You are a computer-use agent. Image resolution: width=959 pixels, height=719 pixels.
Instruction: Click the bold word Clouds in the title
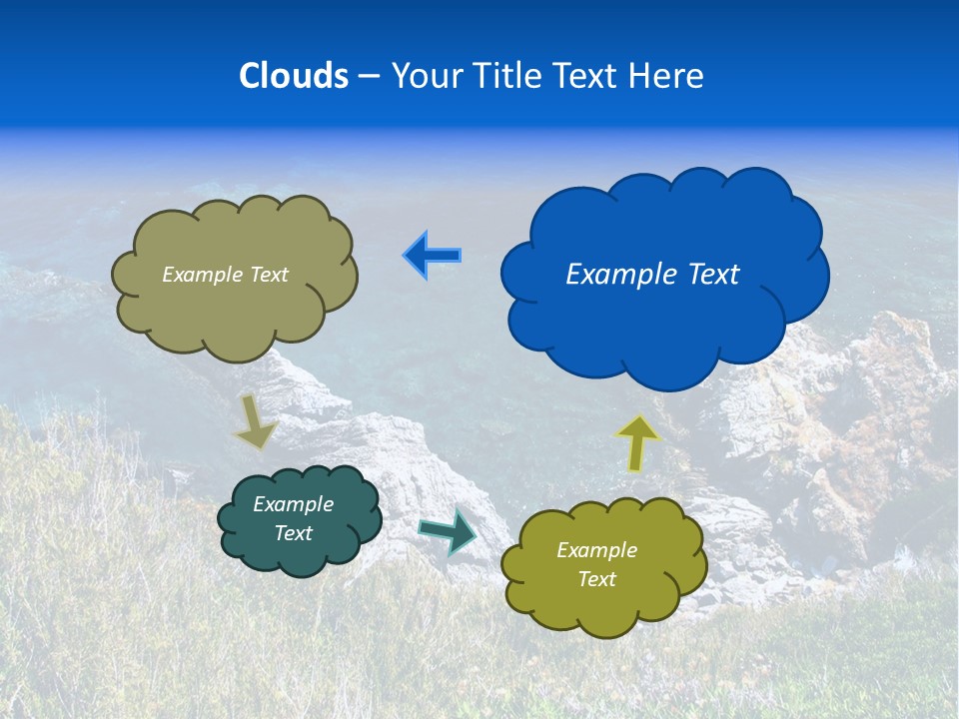(x=294, y=76)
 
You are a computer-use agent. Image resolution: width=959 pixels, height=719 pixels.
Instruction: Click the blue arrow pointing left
(x=432, y=256)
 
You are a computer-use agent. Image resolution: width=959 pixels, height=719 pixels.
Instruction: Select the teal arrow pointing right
(x=449, y=530)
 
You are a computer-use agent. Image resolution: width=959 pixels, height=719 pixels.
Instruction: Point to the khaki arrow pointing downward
(x=255, y=421)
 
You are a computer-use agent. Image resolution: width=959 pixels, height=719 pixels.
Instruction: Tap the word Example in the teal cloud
(x=293, y=504)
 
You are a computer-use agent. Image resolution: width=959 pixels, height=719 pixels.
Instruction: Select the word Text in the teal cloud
(x=293, y=533)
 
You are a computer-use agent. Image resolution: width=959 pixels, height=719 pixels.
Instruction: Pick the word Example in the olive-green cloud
(x=596, y=550)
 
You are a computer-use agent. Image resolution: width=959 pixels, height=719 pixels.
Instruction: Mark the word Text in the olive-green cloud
(x=596, y=579)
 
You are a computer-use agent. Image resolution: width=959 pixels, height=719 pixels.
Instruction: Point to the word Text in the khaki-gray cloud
(x=268, y=275)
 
